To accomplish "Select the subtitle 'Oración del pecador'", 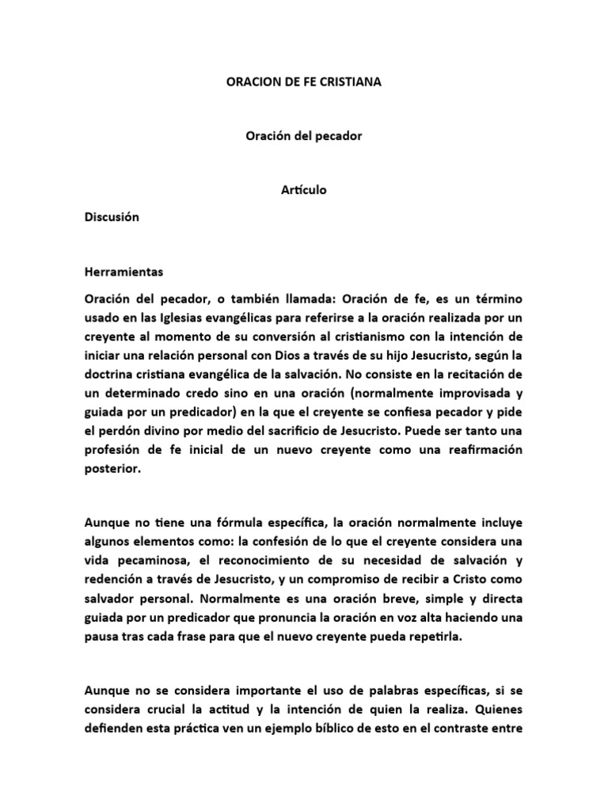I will [x=303, y=136].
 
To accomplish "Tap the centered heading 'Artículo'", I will [x=303, y=190].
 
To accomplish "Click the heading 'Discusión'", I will [x=112, y=218].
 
